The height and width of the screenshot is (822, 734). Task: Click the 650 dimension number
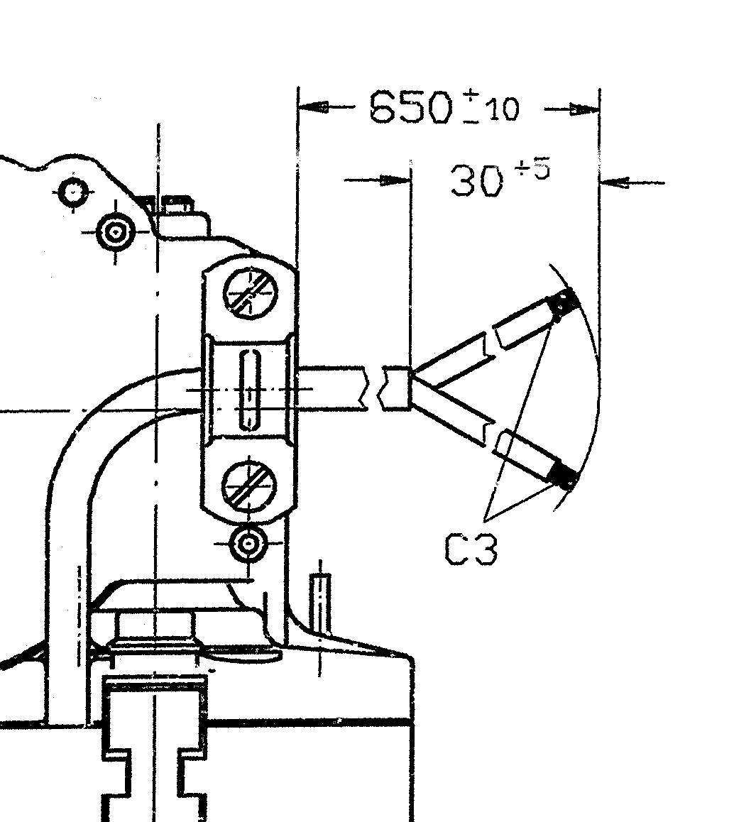pyautogui.click(x=410, y=107)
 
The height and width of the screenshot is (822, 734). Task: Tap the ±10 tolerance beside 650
pyautogui.click(x=491, y=107)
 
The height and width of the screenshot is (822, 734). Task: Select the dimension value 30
pyautogui.click(x=476, y=182)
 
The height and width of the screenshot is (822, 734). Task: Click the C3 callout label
pyautogui.click(x=471, y=549)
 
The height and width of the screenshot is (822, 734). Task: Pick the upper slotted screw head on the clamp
pyautogui.click(x=250, y=292)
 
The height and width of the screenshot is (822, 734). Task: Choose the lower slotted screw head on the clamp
pyautogui.click(x=248, y=484)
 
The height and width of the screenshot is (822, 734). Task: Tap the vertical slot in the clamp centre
pyautogui.click(x=250, y=390)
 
